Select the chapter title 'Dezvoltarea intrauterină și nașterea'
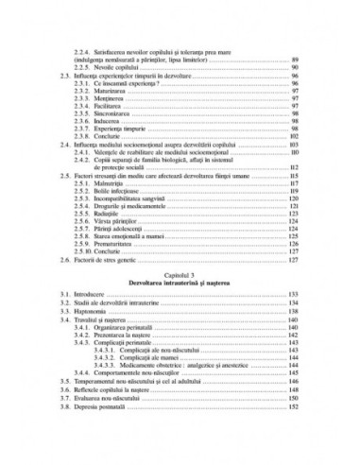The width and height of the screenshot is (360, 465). tap(180, 282)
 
